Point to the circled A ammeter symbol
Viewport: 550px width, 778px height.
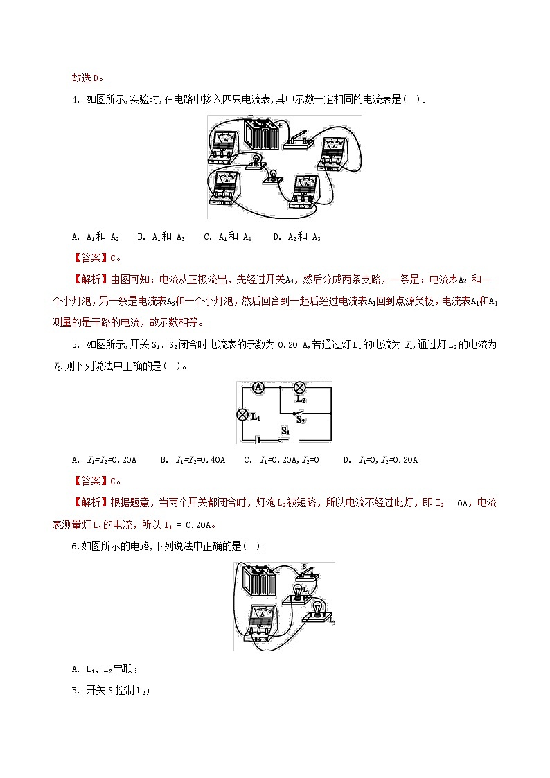click(258, 388)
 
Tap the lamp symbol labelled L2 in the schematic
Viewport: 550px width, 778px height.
click(301, 388)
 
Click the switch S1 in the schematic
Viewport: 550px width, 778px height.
click(282, 437)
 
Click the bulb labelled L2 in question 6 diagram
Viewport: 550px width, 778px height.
click(319, 610)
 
